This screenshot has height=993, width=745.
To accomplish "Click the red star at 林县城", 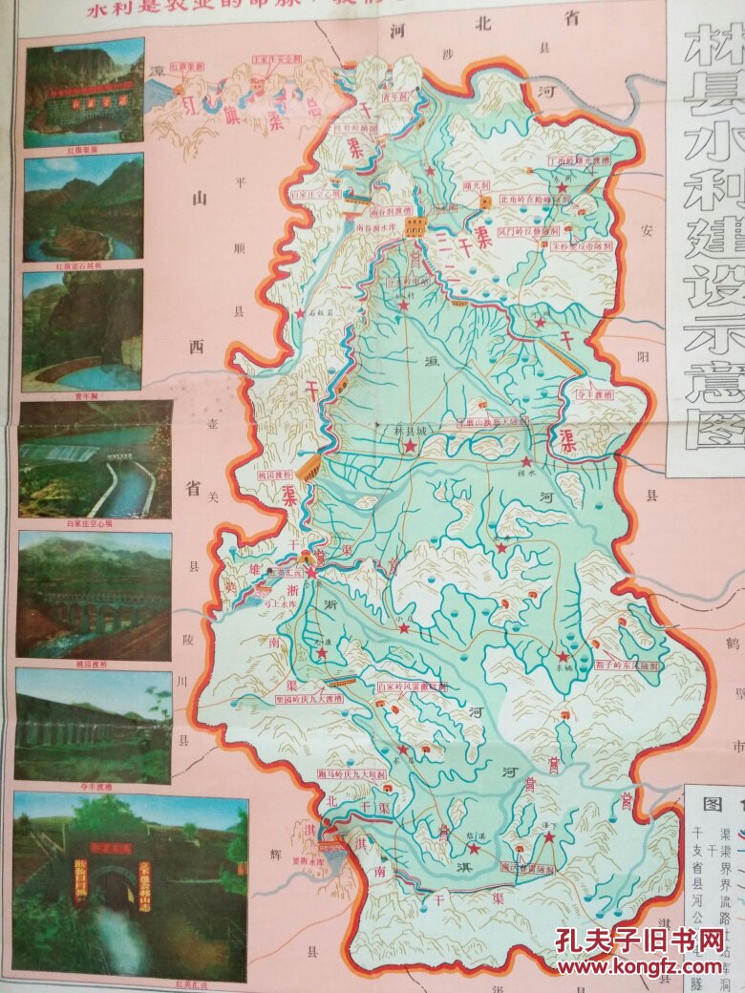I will point(410,446).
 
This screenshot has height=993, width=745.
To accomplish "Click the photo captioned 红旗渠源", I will point(85,92).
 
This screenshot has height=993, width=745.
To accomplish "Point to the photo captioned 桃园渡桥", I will point(94,594).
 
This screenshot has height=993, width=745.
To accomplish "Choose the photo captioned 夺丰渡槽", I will point(94,725).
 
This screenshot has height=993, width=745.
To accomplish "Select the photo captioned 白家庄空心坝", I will point(95,459).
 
